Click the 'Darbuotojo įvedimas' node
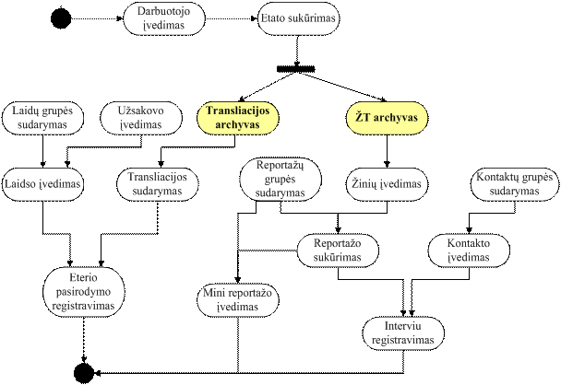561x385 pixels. pos(164,18)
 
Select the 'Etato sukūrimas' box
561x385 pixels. pos(298,18)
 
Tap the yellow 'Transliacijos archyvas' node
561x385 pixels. pos(238,118)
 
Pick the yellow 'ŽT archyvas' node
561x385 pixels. pos(387,118)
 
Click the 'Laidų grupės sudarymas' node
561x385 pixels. pos(42,118)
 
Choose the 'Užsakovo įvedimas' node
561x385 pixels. pos(141,118)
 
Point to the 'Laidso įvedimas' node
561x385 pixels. pos(42,184)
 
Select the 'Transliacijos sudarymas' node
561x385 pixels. pos(158,184)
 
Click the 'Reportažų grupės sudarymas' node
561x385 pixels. pos(280,180)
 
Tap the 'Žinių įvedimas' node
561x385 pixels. pos(387,184)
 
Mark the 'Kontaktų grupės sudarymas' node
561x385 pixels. pos(515,184)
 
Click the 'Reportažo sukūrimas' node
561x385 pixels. pos(338,251)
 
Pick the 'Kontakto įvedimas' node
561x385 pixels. pos(469,251)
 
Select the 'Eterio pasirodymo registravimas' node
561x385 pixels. pos(84,292)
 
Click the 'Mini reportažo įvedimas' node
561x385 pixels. pos(238,300)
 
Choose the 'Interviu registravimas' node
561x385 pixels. pos(403,333)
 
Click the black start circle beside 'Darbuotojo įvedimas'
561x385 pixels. pos(61,17)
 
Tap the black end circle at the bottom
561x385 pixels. pos(84,374)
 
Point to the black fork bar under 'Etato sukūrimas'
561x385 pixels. pos(296,68)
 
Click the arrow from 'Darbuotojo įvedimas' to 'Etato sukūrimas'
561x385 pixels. pos(232,18)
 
